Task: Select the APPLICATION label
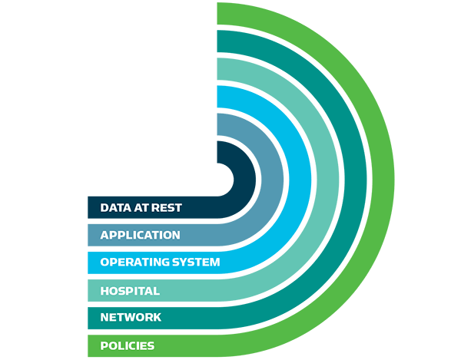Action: [140, 235]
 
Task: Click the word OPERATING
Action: [130, 263]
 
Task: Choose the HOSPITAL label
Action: [130, 291]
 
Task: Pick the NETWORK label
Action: [131, 317]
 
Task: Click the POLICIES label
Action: [127, 345]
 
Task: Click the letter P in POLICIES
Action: [104, 345]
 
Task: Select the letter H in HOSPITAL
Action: [104, 291]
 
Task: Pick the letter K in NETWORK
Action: [157, 317]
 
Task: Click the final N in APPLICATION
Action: [175, 235]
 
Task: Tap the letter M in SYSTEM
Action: [215, 263]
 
